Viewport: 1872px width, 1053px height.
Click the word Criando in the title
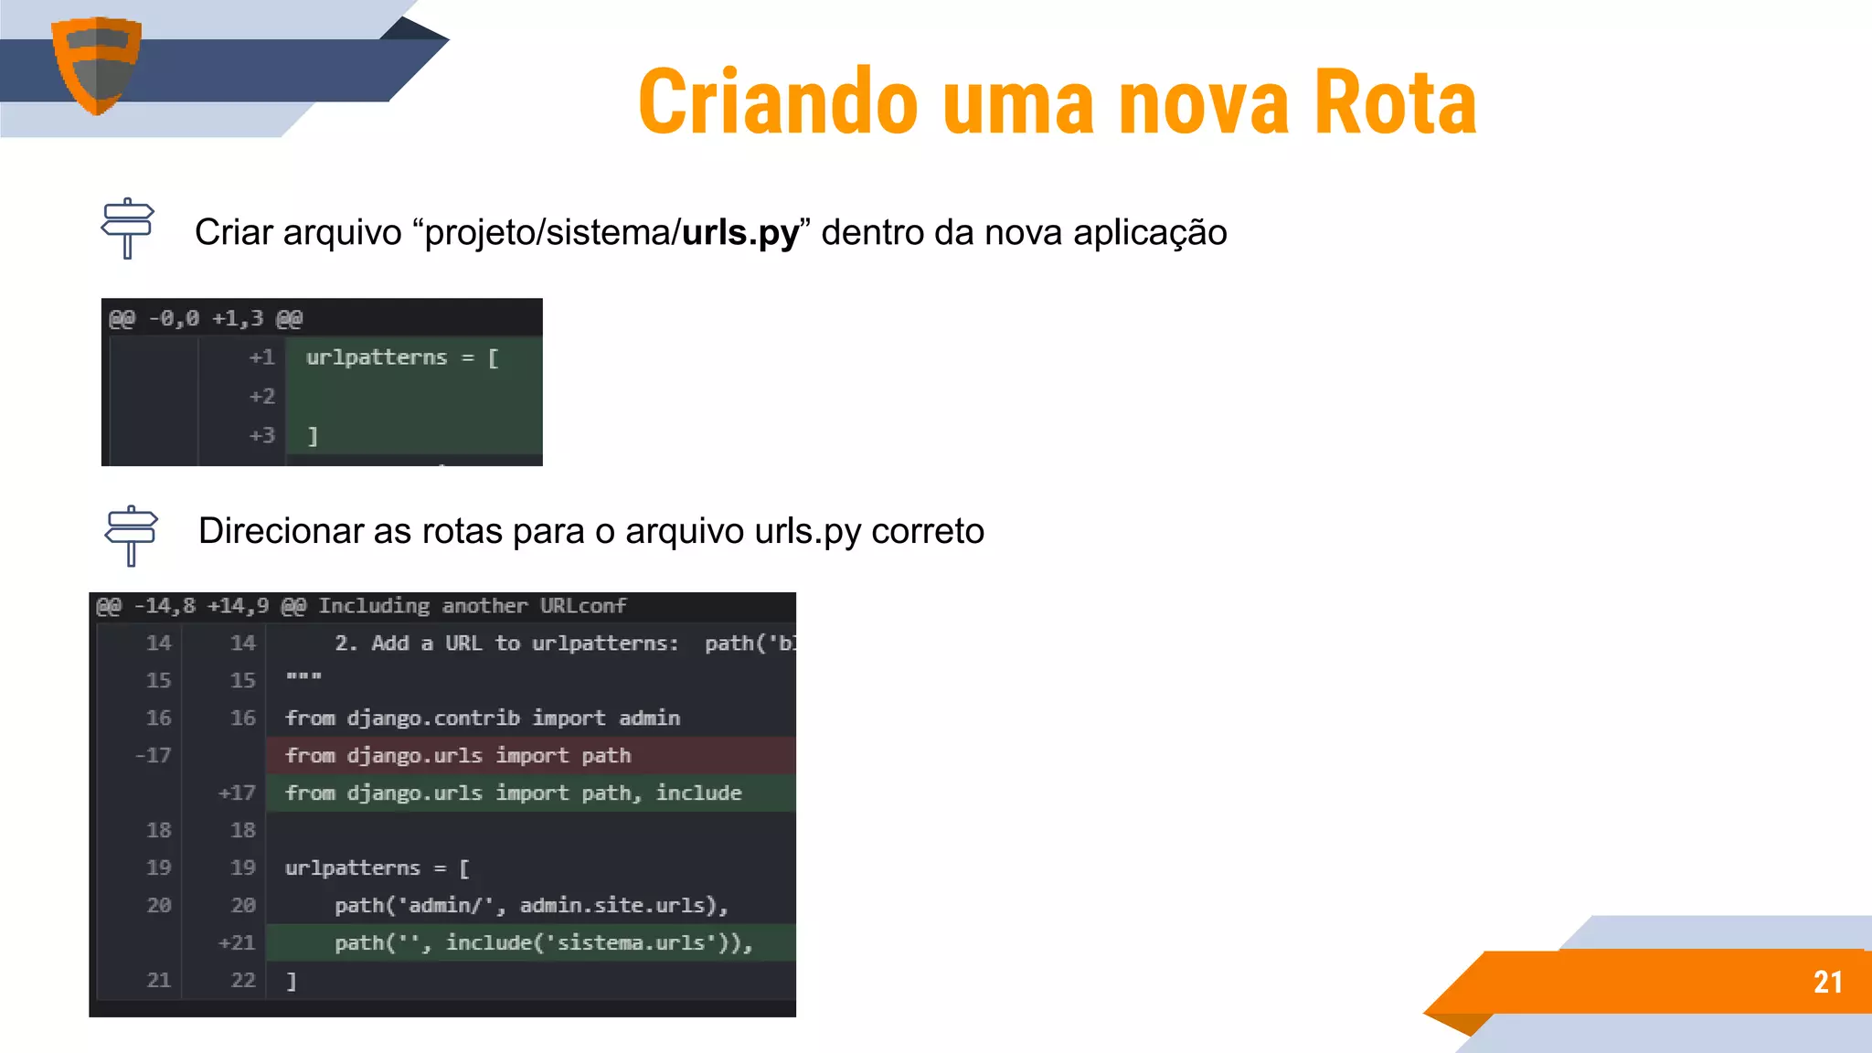[778, 102]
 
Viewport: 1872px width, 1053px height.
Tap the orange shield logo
[96, 65]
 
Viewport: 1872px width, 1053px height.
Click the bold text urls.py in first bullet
[739, 233]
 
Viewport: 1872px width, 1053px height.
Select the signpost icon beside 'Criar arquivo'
[127, 229]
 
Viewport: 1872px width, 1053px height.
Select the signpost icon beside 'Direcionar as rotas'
[131, 535]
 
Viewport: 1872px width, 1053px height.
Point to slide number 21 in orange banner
[1827, 982]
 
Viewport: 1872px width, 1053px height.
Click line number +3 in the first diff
[261, 435]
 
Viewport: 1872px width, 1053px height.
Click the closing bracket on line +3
[313, 436]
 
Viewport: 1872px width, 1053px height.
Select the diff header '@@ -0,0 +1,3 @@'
[206, 319]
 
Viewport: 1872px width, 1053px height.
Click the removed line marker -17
[153, 756]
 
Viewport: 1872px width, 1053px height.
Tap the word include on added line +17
[698, 792]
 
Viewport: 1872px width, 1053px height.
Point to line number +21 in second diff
[236, 942]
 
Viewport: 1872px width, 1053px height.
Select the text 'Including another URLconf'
[472, 606]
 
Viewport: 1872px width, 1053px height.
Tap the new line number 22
[242, 981]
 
